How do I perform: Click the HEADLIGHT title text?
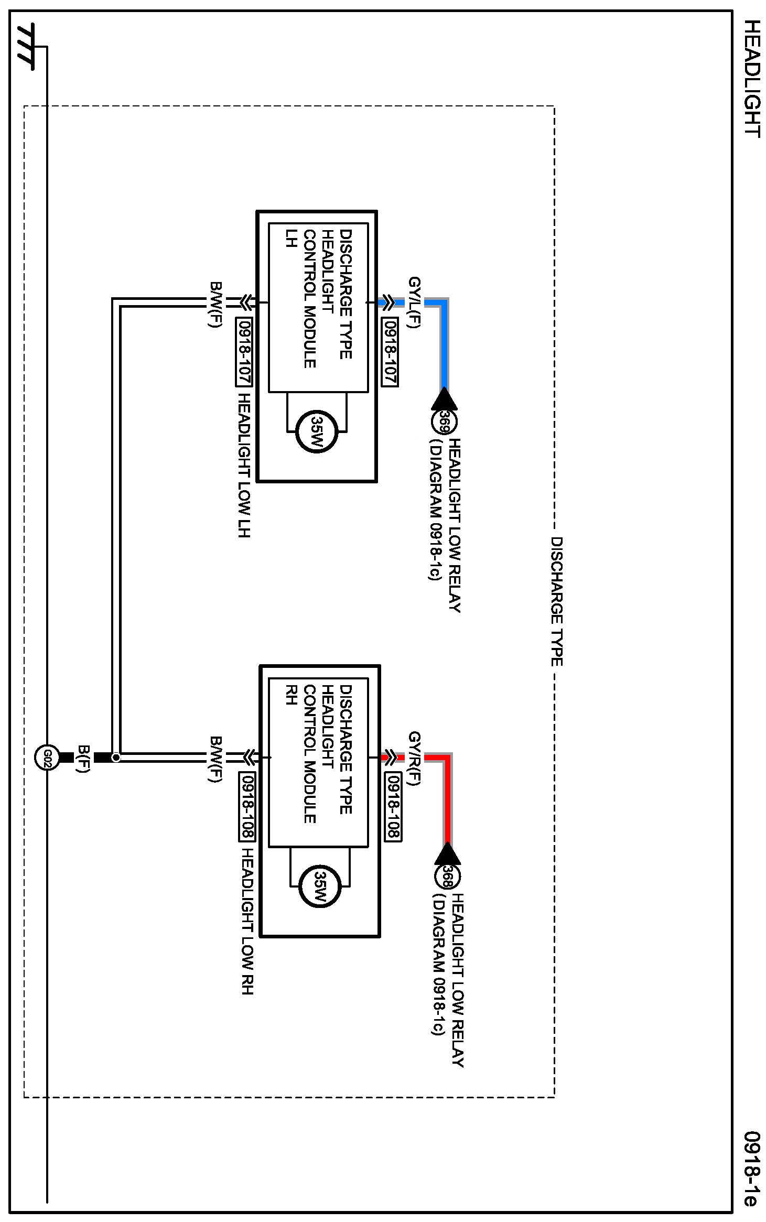click(x=752, y=79)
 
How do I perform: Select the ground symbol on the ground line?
click(x=26, y=46)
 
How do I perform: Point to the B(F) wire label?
click(x=84, y=759)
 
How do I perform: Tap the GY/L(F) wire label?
click(x=414, y=302)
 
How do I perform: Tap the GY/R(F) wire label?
click(x=414, y=758)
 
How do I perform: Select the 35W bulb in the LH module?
click(x=317, y=431)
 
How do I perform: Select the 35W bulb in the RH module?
click(x=319, y=886)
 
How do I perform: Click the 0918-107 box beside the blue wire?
click(x=390, y=352)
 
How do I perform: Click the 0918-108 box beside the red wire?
click(x=393, y=807)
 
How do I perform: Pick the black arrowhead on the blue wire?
click(x=444, y=399)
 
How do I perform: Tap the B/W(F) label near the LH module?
click(x=215, y=304)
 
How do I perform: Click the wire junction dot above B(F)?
click(x=116, y=758)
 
